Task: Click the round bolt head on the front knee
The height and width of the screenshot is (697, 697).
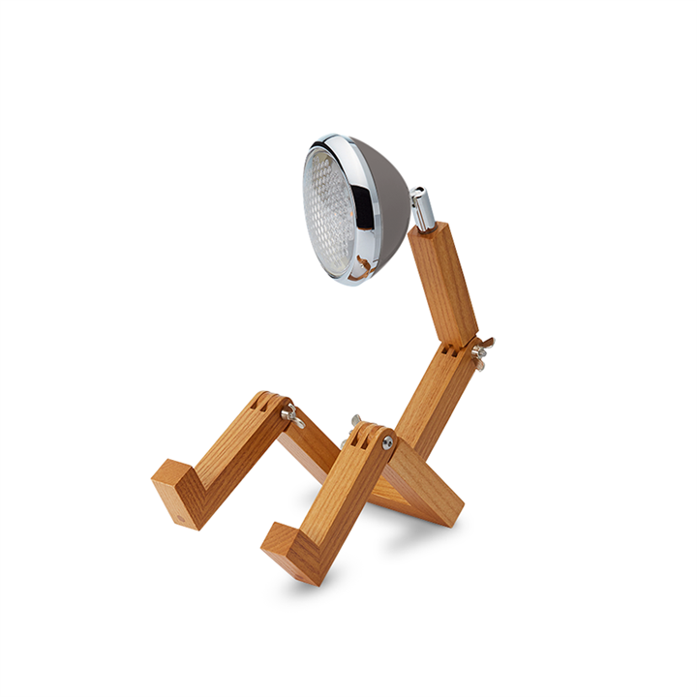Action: click(387, 442)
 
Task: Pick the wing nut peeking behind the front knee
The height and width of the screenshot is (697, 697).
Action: click(354, 423)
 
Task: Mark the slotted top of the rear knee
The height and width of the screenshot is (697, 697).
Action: click(267, 401)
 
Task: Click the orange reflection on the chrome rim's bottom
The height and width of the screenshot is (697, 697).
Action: click(358, 265)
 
